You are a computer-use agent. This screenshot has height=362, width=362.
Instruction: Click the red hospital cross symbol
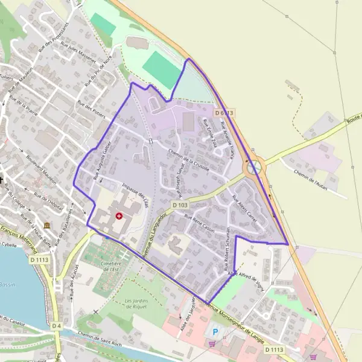pos(119,215)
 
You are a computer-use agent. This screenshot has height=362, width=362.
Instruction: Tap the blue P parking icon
pos(214,332)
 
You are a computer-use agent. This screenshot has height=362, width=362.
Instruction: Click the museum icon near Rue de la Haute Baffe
pos(47,226)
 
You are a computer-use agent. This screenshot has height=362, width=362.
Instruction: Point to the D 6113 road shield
pos(223,113)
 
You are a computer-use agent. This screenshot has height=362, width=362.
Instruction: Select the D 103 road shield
pos(180,205)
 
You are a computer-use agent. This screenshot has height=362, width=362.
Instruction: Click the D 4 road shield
pos(56,326)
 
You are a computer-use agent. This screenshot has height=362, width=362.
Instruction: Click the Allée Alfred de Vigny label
pos(246,278)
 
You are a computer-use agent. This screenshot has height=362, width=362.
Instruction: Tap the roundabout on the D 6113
pos(253,166)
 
